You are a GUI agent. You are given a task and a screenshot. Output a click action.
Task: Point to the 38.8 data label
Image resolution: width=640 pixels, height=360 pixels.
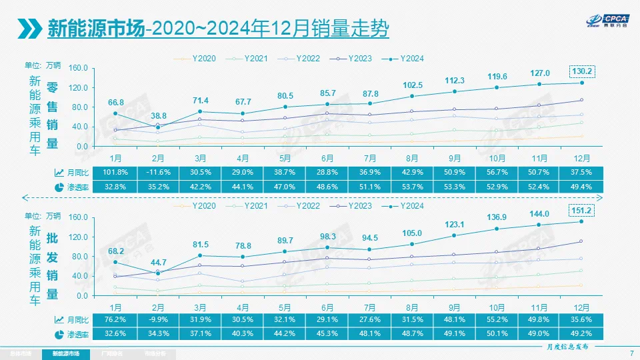158,115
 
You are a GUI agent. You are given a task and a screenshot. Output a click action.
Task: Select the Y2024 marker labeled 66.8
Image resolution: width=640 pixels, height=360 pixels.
116,113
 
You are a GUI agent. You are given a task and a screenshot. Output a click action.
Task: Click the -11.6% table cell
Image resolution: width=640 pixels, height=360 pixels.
158,172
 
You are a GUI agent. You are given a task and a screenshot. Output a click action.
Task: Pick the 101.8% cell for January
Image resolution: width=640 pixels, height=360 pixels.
116,172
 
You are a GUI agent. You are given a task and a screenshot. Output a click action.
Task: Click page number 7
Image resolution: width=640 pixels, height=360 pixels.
631,353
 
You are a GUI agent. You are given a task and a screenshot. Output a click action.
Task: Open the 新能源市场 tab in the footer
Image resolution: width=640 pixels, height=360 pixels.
65,353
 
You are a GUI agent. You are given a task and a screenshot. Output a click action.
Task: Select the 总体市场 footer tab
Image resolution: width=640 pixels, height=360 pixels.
21,353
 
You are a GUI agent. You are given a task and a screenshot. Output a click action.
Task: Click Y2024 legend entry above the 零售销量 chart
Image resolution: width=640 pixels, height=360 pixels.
408,59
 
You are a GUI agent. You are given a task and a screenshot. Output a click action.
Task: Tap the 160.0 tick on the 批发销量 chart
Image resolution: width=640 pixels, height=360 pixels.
79,217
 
